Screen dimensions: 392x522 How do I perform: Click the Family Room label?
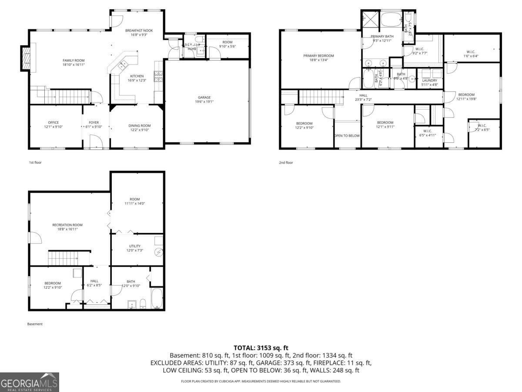coord(74,60)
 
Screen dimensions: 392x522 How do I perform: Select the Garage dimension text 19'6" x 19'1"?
coord(204,102)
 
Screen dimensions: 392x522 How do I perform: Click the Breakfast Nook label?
coord(139,30)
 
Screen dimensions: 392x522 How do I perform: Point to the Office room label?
coord(53,122)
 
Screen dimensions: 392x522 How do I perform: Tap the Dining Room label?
coord(140,125)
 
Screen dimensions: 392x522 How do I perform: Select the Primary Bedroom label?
coord(318,56)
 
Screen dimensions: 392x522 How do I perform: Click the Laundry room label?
coord(429,80)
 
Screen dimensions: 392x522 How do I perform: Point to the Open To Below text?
coord(347,135)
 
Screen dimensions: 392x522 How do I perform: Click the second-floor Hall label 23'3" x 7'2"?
coord(363,95)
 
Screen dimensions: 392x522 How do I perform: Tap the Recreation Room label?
coord(67,225)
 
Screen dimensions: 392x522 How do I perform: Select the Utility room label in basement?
coord(135,246)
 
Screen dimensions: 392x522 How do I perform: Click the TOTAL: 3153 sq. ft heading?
coord(261,348)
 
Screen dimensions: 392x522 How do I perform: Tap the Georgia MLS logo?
coord(29,382)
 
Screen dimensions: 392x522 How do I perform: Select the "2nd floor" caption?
coord(286,162)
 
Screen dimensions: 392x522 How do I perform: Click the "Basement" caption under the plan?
coord(35,324)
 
